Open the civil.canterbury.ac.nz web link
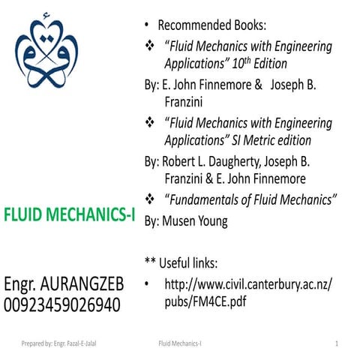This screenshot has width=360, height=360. click(247, 284)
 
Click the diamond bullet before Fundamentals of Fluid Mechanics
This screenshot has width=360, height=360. click(149, 199)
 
